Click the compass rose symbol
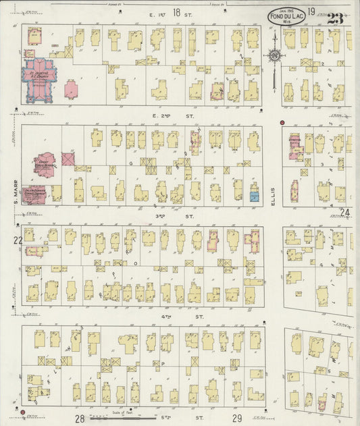pyautogui.click(x=274, y=56)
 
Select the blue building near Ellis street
pyautogui.click(x=254, y=196)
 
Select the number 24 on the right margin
pyautogui.click(x=346, y=213)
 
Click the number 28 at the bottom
pyautogui.click(x=80, y=419)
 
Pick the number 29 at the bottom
pyautogui.click(x=237, y=419)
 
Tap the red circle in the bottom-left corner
pyautogui.click(x=22, y=411)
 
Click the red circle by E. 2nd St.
pyautogui.click(x=282, y=123)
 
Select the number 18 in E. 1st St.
pyautogui.click(x=176, y=12)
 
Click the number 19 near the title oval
pyautogui.click(x=311, y=11)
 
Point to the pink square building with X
pyautogui.click(x=68, y=159)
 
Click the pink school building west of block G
pyautogui.click(x=44, y=162)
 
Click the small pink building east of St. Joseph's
pyautogui.click(x=72, y=88)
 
